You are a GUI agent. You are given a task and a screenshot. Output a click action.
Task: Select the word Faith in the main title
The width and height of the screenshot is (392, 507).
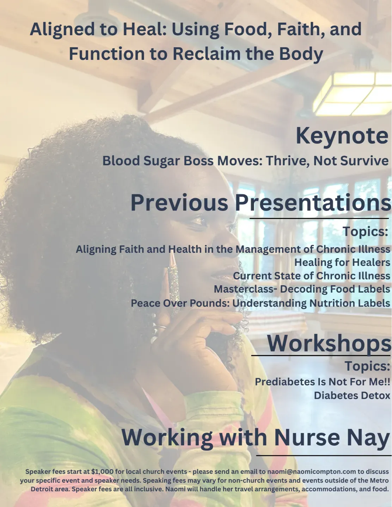[x=297, y=29]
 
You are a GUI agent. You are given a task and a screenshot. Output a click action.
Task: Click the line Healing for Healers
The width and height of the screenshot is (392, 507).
[x=342, y=263]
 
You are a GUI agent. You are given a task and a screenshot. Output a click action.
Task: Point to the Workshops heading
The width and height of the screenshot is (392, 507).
[x=329, y=343]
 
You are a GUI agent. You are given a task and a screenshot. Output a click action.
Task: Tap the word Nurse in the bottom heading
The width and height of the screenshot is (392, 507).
[x=307, y=438]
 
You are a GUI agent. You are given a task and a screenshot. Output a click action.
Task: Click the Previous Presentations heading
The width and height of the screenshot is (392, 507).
[x=261, y=202]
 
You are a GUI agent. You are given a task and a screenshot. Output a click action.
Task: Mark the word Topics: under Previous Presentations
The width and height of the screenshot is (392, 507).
[x=365, y=232]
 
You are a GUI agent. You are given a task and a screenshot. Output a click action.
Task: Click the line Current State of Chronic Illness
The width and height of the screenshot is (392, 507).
[x=312, y=276]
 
